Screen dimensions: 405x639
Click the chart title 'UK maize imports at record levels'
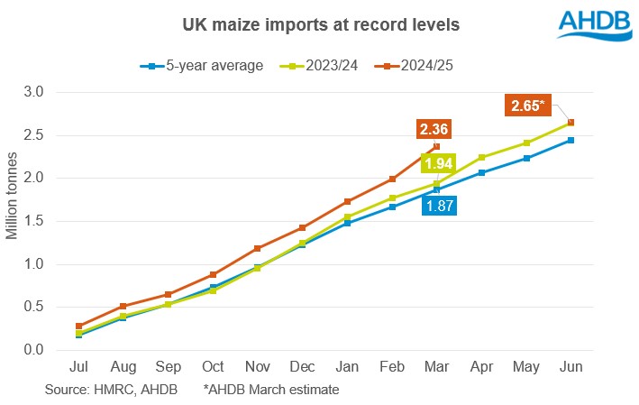pyautogui.click(x=319, y=25)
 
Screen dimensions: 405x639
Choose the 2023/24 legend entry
pyautogui.click(x=315, y=66)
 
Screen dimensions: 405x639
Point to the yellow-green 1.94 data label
pyautogui.click(x=439, y=163)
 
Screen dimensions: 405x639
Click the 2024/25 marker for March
pyautogui.click(x=436, y=146)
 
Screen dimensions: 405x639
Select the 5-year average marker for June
pyautogui.click(x=571, y=141)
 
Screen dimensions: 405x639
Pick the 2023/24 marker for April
pyautogui.click(x=481, y=157)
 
